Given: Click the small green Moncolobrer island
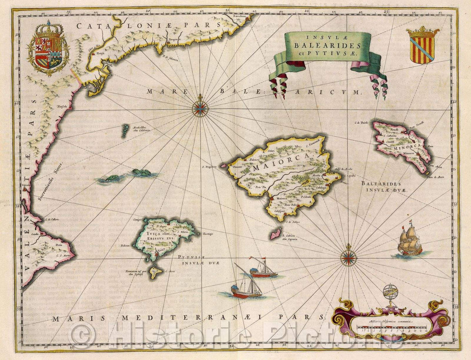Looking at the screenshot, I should point(125,130).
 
